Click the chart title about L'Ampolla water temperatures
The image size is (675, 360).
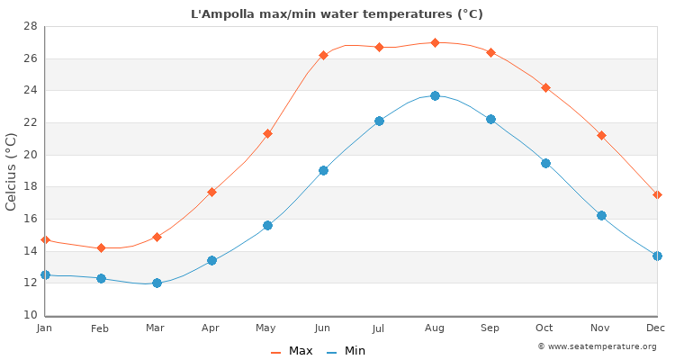(337, 13)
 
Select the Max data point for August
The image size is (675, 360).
(435, 42)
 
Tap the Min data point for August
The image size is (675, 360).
(435, 95)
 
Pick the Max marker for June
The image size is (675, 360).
(323, 55)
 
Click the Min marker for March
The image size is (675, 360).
(157, 283)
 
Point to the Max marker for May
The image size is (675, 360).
(267, 133)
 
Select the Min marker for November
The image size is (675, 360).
(601, 215)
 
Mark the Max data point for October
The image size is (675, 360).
(545, 87)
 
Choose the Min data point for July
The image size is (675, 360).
(379, 121)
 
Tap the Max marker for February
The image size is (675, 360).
(101, 247)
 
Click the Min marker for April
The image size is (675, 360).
(211, 260)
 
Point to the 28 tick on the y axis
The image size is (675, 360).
(30, 26)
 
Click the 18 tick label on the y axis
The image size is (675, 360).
(30, 187)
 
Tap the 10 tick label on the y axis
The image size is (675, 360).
(30, 315)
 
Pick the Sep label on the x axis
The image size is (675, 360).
(490, 328)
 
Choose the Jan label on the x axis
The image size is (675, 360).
(45, 328)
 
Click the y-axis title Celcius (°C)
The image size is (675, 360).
(12, 171)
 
